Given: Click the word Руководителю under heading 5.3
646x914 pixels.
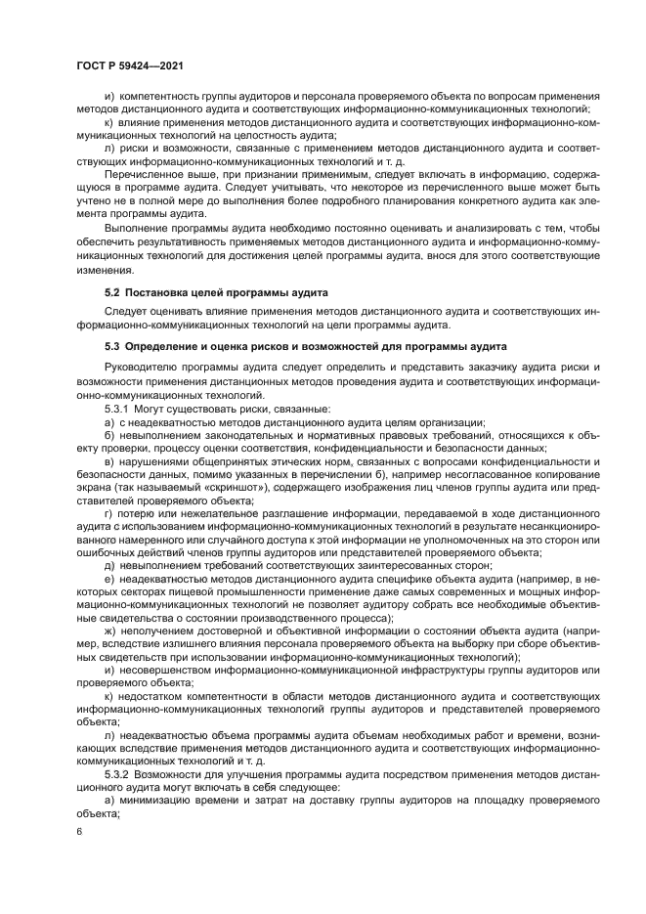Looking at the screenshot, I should (x=144, y=367).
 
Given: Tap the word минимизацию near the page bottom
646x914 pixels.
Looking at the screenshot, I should (x=157, y=799).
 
